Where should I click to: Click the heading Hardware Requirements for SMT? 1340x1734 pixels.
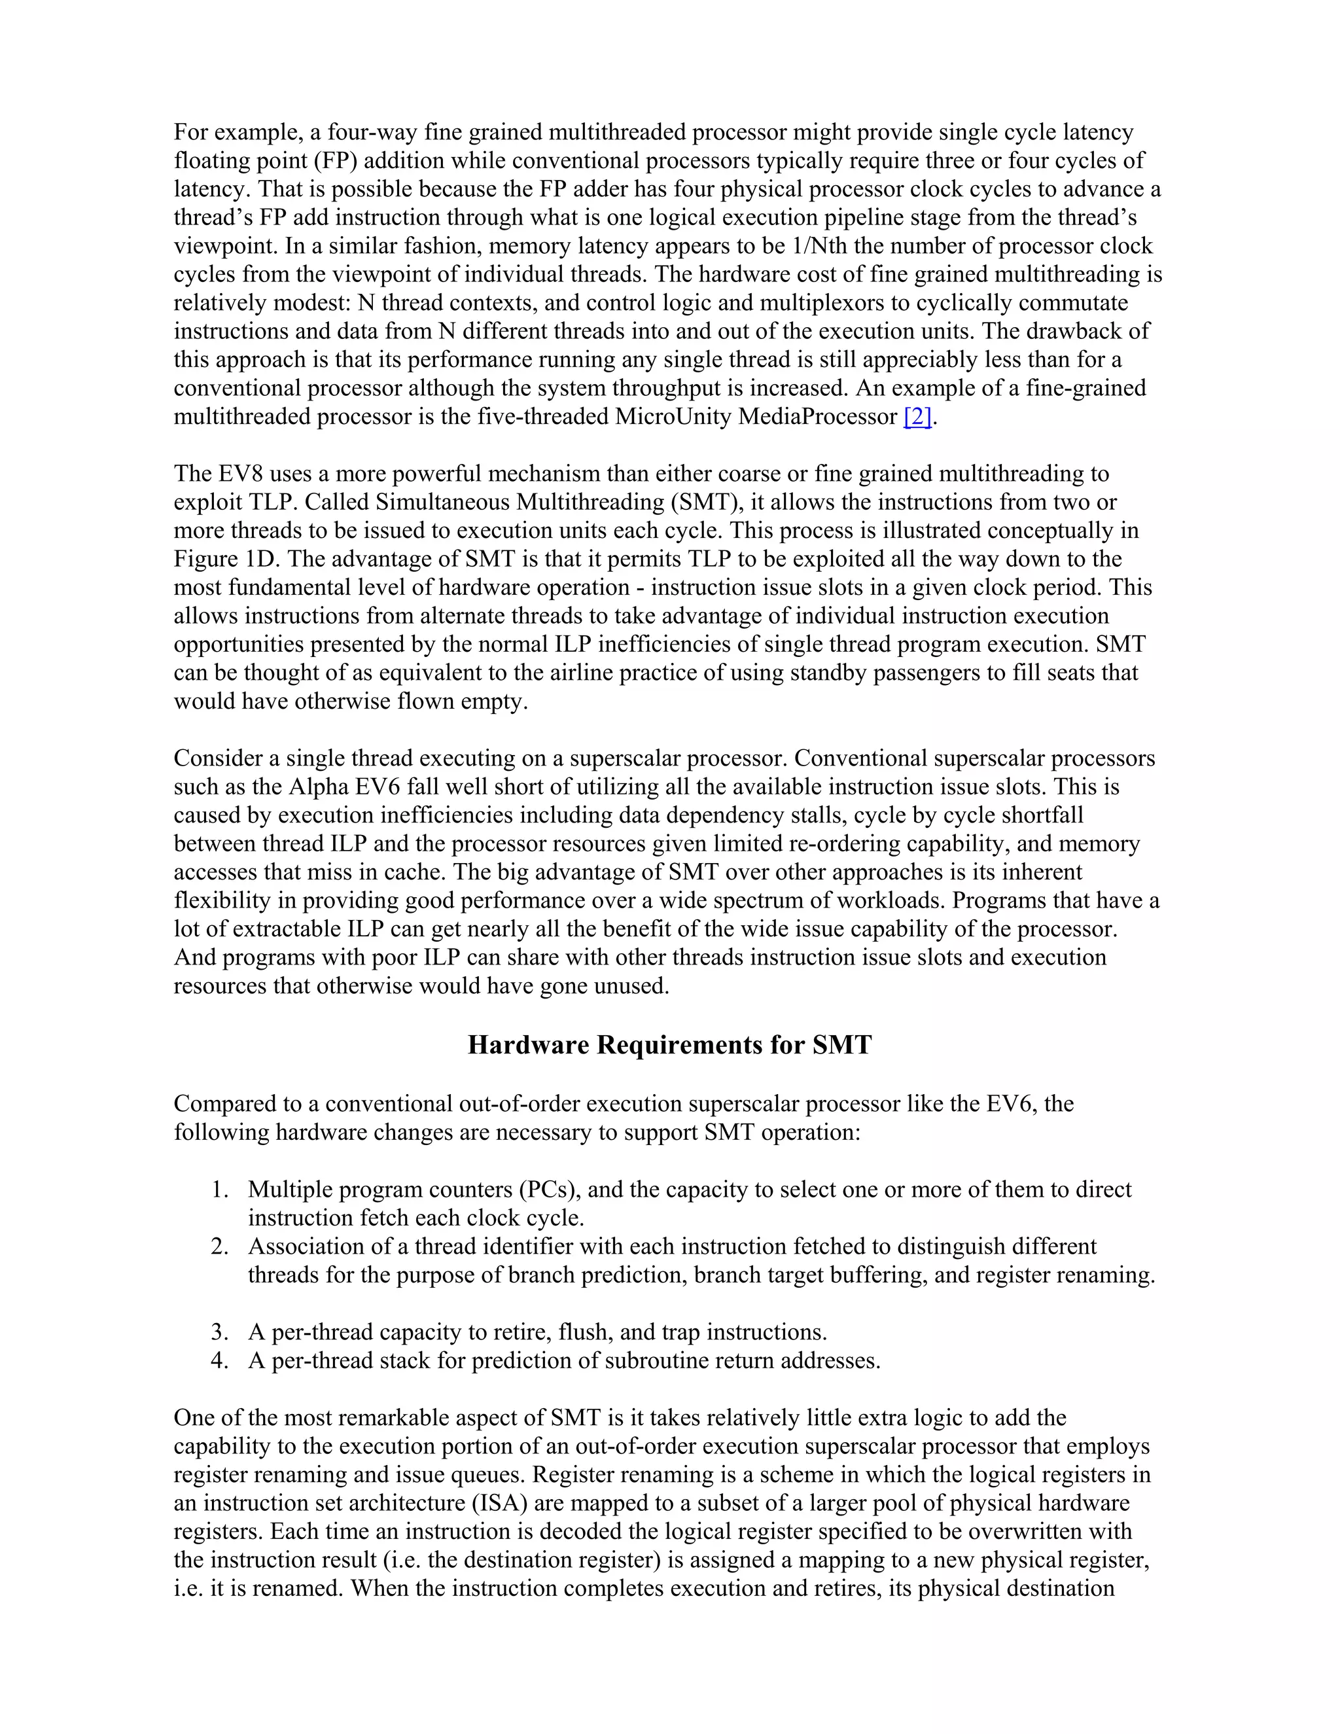[x=669, y=1044]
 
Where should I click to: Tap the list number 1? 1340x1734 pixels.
[x=219, y=1190]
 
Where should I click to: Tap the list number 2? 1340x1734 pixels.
[x=219, y=1247]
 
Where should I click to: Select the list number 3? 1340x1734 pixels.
[x=219, y=1332]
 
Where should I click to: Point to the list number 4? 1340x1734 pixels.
[x=219, y=1360]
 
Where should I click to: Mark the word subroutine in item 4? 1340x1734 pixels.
[x=656, y=1360]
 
